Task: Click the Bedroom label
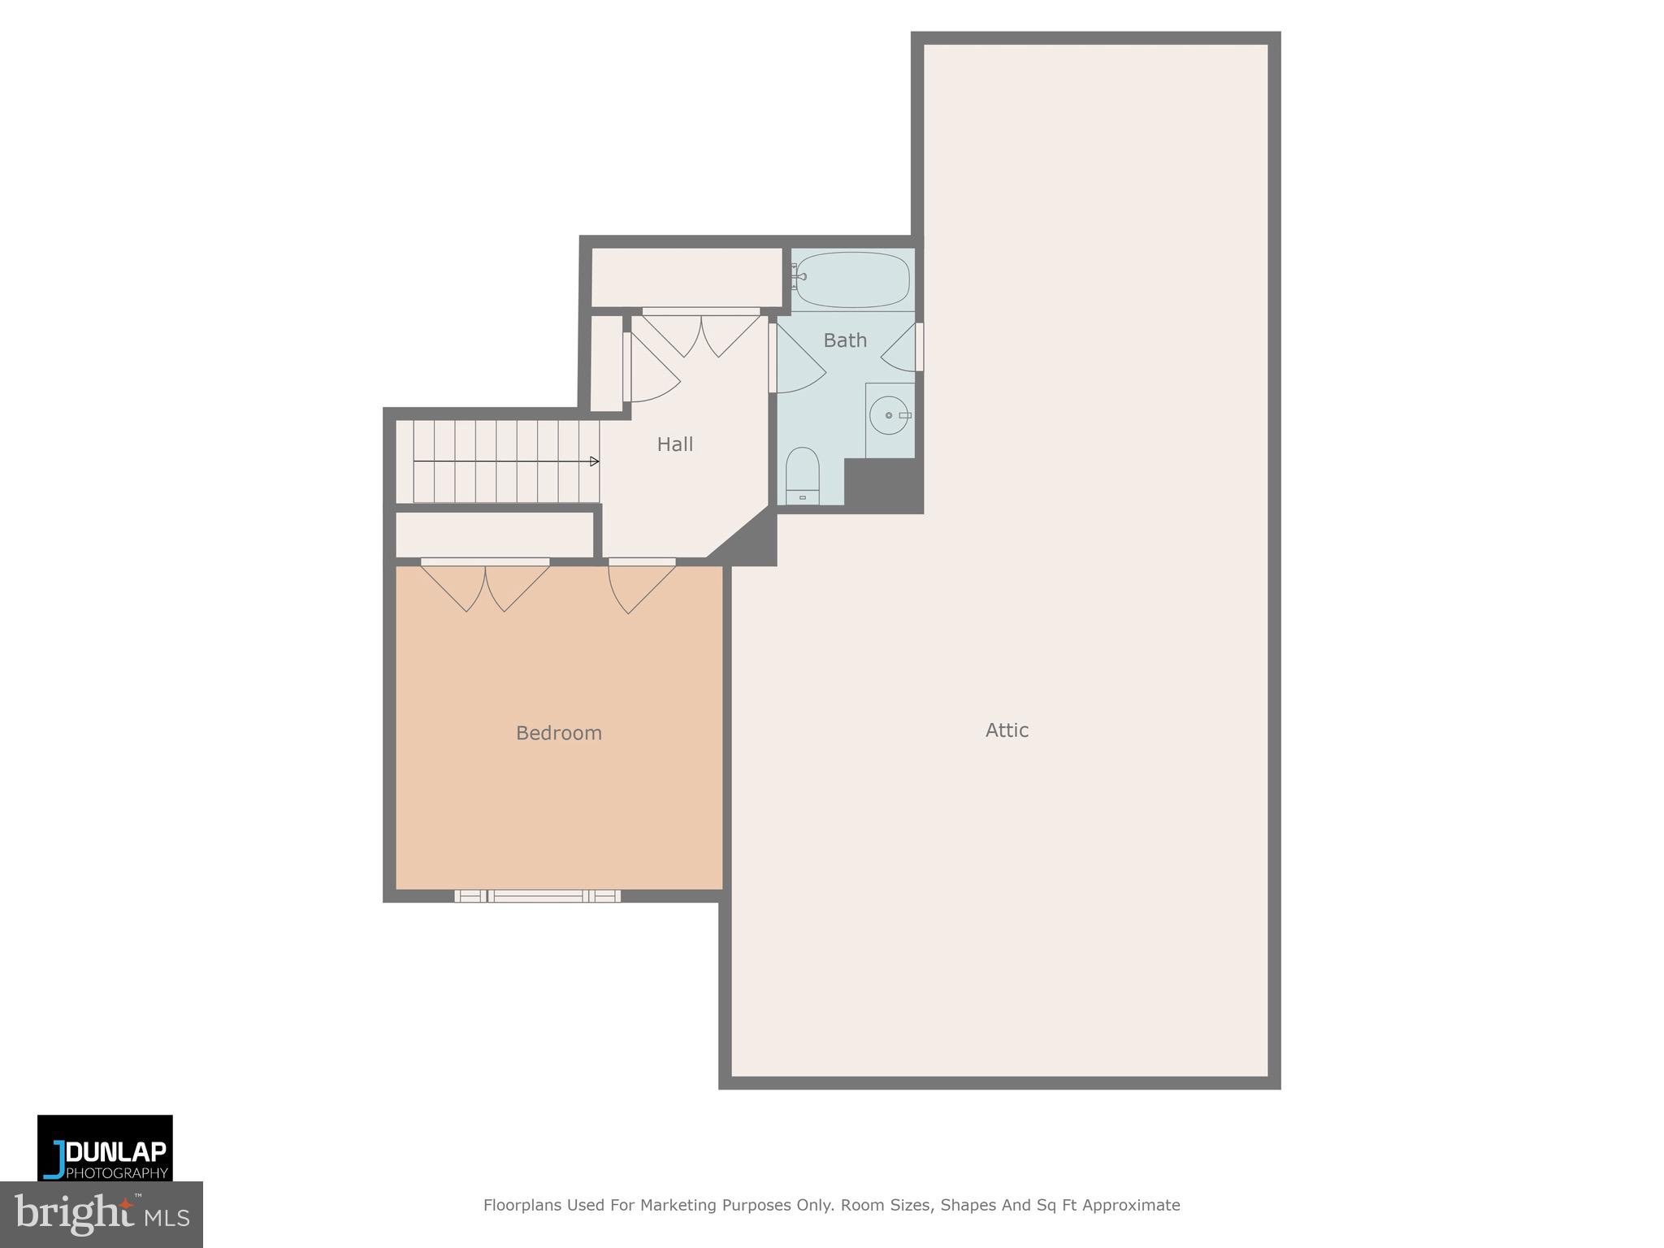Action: coord(558,733)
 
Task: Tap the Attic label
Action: coord(1007,730)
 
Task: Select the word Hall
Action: coord(674,444)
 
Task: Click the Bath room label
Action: coord(845,340)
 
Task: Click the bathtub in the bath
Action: coord(851,279)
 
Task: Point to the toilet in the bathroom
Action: coord(802,476)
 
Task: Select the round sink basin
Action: coord(888,415)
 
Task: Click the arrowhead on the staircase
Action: coord(595,461)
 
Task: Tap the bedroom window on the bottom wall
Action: coord(537,896)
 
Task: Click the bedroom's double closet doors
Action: coord(485,585)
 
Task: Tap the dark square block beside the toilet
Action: coord(882,484)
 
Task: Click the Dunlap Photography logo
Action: coord(105,1147)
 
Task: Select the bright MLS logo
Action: coord(101,1215)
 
